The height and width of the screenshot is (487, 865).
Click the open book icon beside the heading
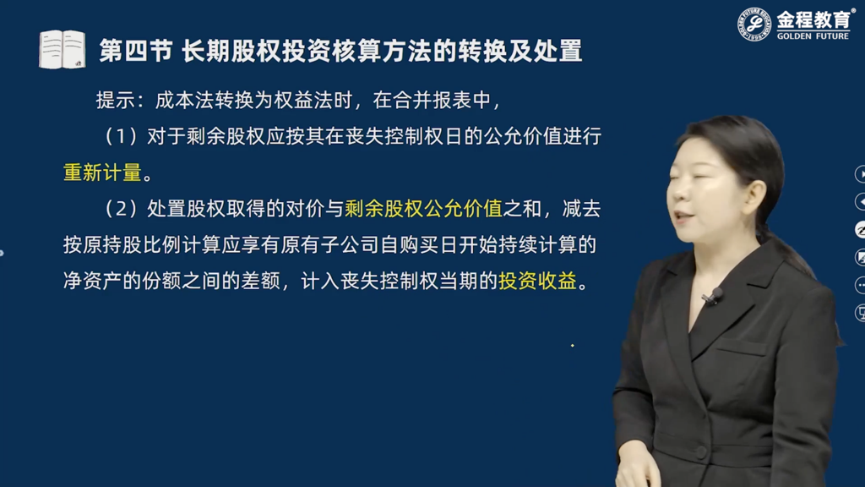pyautogui.click(x=62, y=50)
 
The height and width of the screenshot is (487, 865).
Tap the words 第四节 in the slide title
pyautogui.click(x=136, y=51)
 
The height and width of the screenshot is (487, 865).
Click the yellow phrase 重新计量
pyautogui.click(x=102, y=172)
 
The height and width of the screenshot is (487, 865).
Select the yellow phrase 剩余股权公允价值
pyautogui.click(x=424, y=209)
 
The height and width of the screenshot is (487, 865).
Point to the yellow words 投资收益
pyautogui.click(x=537, y=281)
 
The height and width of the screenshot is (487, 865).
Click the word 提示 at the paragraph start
pyautogui.click(x=115, y=100)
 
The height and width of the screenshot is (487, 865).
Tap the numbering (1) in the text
pyautogui.click(x=121, y=136)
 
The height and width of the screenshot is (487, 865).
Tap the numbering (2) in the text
pyautogui.click(x=121, y=209)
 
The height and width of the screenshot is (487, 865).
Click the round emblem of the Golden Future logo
pyautogui.click(x=754, y=25)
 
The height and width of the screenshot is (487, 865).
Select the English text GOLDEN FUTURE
pyautogui.click(x=813, y=36)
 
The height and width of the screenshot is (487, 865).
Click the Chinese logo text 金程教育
pyautogui.click(x=813, y=20)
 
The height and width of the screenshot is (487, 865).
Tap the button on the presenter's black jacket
pyautogui.click(x=700, y=452)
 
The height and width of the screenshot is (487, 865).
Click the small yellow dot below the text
pyautogui.click(x=573, y=346)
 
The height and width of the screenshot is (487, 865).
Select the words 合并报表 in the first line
pyautogui.click(x=432, y=100)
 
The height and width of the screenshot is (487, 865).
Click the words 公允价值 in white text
pyautogui.click(x=523, y=136)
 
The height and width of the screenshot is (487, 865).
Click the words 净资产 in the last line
pyautogui.click(x=92, y=281)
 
